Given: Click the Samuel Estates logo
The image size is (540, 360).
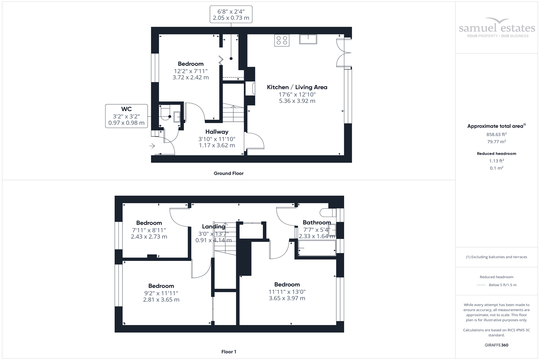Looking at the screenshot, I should tap(497, 28).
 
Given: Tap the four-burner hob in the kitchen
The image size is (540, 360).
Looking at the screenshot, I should tap(282, 40).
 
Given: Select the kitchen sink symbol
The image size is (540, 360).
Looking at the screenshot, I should tap(308, 39).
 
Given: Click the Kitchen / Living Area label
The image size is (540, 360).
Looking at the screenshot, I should tap(297, 87).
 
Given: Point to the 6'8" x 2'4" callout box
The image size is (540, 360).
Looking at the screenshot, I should tap(231, 14).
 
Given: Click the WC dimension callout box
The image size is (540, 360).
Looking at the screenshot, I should tap(126, 116).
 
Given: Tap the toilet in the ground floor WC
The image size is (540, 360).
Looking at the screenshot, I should tap(165, 112).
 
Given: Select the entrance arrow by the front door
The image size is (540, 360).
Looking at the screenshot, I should tap(152, 146).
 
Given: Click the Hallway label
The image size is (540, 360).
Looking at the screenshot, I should tap(217, 132).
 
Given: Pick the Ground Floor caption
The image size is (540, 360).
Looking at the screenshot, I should tap(229, 173).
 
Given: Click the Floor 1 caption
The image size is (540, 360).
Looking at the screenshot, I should tap(229, 352).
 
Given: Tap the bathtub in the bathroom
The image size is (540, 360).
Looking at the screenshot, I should tap(317, 248).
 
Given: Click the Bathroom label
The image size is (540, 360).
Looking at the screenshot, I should tap(316, 222).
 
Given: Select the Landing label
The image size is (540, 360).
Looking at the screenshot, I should tap(213, 226).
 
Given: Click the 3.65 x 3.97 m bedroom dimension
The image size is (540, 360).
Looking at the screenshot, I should tap(287, 298).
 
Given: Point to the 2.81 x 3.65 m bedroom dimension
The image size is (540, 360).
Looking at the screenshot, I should tap(161, 300).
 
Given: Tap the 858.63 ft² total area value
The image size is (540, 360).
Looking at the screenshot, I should tap(496, 134).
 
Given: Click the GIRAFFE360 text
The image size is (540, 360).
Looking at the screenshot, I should tap(496, 345).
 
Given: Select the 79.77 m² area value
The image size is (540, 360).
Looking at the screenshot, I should tap(496, 141).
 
